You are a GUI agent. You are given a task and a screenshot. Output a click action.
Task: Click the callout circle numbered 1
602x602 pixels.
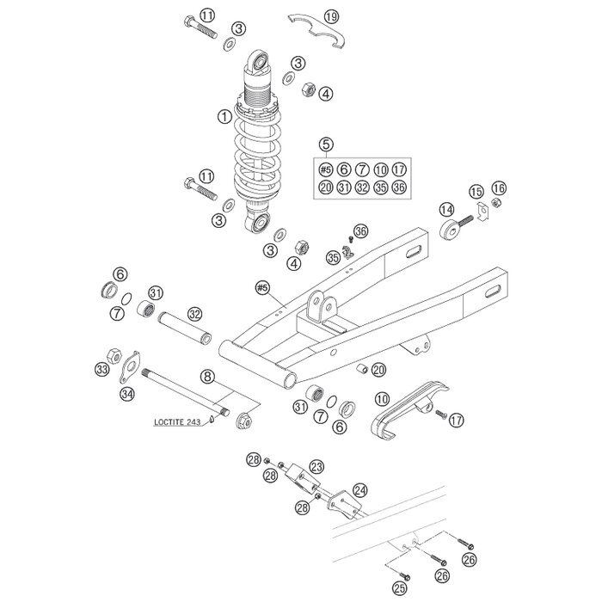[x=224, y=114]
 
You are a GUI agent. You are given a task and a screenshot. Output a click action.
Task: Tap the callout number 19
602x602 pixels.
[x=332, y=15]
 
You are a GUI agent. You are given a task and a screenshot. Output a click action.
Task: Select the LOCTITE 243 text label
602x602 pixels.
[x=178, y=421]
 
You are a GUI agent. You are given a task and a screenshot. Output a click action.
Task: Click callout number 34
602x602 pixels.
[x=128, y=395]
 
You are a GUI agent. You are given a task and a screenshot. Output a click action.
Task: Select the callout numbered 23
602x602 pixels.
[x=317, y=466]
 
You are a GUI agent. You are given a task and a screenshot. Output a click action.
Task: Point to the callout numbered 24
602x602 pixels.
[x=360, y=489]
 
